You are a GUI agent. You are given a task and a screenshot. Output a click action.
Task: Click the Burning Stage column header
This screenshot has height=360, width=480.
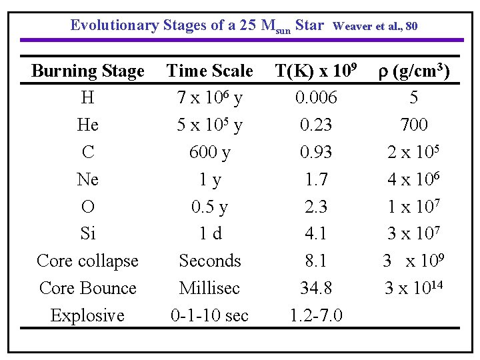(87, 71)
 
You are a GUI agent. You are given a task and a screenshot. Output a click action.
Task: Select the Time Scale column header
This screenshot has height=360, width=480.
(209, 71)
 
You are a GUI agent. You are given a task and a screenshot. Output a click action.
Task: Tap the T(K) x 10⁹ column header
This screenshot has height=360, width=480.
(315, 71)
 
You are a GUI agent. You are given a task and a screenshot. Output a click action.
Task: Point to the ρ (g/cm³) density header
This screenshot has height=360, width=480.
(414, 71)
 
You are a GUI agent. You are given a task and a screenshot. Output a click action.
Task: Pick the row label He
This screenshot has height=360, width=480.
(87, 125)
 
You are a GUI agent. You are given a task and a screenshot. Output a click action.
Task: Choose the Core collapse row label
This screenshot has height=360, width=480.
(87, 261)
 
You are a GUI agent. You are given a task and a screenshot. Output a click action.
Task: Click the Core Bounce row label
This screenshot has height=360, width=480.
(87, 288)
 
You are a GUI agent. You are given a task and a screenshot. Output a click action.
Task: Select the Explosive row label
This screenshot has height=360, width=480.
(87, 315)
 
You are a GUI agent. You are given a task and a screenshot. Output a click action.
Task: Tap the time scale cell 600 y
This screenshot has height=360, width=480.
(209, 153)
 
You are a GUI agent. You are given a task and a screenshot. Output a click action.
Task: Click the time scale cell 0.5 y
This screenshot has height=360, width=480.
(209, 207)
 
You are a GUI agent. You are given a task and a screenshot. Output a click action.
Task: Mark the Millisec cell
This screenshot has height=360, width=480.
(209, 288)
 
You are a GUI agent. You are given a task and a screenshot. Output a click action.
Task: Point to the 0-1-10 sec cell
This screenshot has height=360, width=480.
(209, 315)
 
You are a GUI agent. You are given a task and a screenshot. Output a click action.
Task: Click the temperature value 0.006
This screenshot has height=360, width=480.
(316, 98)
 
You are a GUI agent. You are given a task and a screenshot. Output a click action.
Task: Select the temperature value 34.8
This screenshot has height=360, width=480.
(316, 288)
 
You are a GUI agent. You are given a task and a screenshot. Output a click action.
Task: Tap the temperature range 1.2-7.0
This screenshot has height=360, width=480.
(316, 315)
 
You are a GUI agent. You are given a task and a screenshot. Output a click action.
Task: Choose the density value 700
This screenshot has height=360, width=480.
(414, 125)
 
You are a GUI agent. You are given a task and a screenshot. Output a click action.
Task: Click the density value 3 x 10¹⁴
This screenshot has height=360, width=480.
(414, 288)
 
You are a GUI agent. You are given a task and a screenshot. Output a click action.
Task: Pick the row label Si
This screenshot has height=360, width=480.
(87, 234)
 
